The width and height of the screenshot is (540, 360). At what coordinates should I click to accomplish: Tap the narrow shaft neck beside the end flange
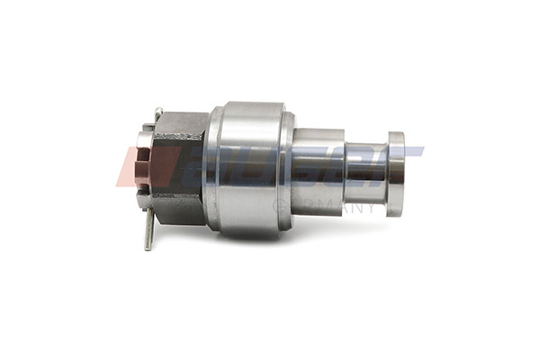pyautogui.click(x=366, y=173)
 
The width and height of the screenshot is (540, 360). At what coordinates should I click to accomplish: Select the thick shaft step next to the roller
pyautogui.click(x=317, y=171)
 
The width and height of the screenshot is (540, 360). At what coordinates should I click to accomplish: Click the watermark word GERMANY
pyautogui.click(x=329, y=208)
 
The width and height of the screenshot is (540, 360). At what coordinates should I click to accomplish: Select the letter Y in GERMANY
pyautogui.click(x=373, y=208)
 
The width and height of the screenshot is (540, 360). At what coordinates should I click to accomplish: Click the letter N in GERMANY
pyautogui.click(x=358, y=208)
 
